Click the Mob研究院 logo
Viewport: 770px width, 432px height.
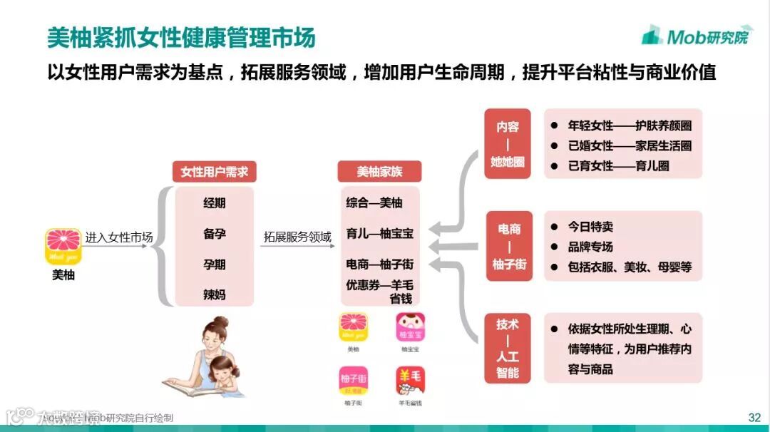pyautogui.click(x=695, y=35)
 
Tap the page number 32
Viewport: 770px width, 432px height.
pyautogui.click(x=754, y=417)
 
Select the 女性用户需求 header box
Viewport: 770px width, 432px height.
pyautogui.click(x=214, y=172)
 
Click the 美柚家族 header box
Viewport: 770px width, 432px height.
pyautogui.click(x=379, y=172)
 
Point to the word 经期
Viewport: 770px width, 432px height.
pyautogui.click(x=214, y=203)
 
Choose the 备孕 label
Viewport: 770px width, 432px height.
pyautogui.click(x=214, y=234)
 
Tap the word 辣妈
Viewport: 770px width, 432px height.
pyautogui.click(x=214, y=294)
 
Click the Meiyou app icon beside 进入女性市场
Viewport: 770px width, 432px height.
pyautogui.click(x=63, y=247)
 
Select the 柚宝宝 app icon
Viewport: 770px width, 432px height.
pyautogui.click(x=411, y=329)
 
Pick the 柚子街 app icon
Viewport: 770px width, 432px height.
pyautogui.click(x=353, y=381)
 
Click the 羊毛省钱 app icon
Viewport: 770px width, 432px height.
pyautogui.click(x=411, y=381)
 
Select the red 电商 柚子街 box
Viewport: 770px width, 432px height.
pyautogui.click(x=509, y=247)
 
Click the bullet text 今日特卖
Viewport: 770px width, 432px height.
pyautogui.click(x=590, y=227)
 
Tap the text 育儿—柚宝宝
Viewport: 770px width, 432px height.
pyautogui.click(x=379, y=233)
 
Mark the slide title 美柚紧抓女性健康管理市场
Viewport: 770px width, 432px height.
pyautogui.click(x=182, y=38)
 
